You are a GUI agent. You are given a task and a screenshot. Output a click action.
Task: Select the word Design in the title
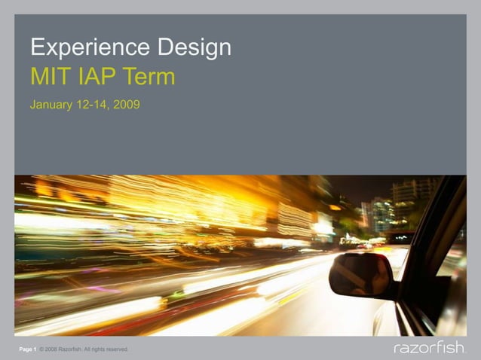pyautogui.click(x=195, y=49)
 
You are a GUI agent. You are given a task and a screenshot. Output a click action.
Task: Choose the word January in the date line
pyautogui.click(x=51, y=105)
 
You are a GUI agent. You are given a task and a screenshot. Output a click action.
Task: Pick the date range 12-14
pyautogui.click(x=92, y=105)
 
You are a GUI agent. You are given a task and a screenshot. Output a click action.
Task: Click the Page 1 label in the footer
pyautogui.click(x=28, y=349)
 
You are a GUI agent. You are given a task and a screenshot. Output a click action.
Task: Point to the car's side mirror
pyautogui.click(x=361, y=275)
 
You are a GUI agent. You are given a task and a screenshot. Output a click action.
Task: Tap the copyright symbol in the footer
pyautogui.click(x=41, y=349)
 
